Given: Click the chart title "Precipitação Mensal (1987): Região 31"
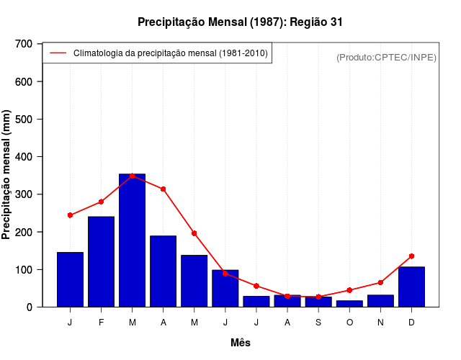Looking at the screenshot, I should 240,22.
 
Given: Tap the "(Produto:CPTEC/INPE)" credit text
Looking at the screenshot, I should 386,57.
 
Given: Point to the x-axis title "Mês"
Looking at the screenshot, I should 241,343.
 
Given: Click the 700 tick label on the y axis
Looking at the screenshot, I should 24,44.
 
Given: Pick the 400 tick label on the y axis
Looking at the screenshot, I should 24,157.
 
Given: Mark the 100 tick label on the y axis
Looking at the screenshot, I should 24,269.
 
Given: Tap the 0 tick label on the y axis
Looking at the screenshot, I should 30,307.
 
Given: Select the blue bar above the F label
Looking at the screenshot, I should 101,261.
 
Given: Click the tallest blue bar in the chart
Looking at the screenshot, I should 132,240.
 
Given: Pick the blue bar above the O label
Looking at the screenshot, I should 349,304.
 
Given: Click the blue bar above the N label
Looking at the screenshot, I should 380,301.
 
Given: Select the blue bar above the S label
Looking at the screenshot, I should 318,302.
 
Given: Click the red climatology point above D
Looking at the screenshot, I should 411,256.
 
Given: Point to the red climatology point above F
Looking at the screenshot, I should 101,202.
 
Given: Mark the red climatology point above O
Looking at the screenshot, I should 349,290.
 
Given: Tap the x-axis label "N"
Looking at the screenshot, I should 380,323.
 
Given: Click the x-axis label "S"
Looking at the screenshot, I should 318,323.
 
